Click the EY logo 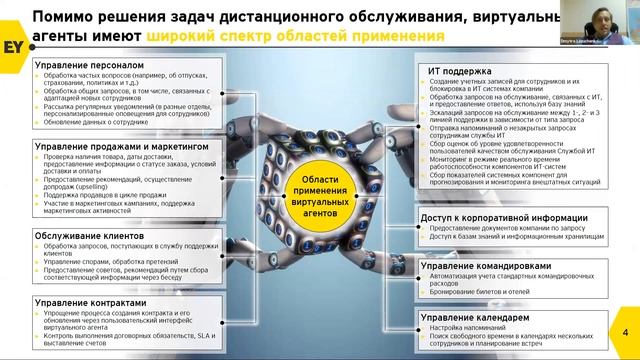[x=20, y=22]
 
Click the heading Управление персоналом [x=80, y=65]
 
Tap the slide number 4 [x=624, y=332]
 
